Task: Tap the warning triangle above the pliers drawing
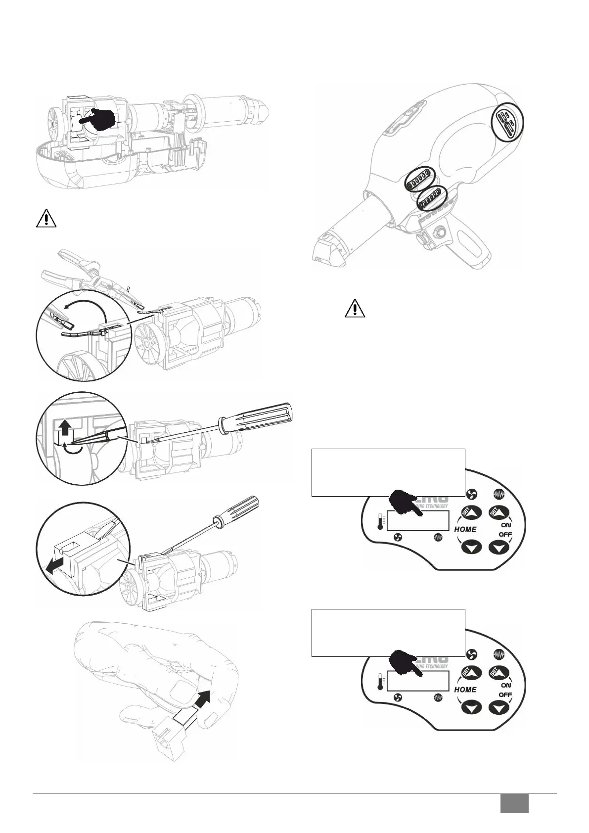click(46, 218)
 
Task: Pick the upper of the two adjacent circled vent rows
click(418, 180)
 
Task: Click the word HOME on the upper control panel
click(465, 529)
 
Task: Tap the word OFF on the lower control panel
click(505, 695)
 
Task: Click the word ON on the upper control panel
click(506, 524)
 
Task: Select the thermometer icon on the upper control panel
click(380, 521)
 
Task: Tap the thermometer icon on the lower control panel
click(380, 681)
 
